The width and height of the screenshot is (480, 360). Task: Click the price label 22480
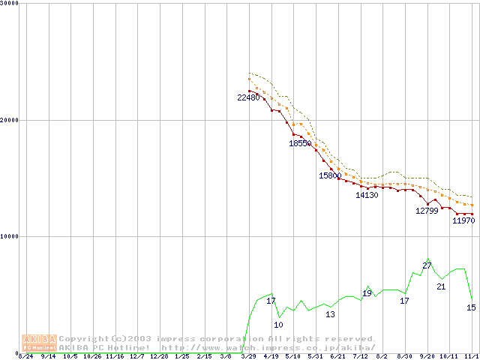pyautogui.click(x=247, y=97)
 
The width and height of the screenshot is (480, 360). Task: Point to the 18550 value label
pyautogui.click(x=300, y=143)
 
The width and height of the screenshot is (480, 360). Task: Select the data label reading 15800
pyautogui.click(x=330, y=175)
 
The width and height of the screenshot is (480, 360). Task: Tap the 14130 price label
pyautogui.click(x=367, y=195)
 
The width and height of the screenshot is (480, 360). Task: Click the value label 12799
pyautogui.click(x=427, y=211)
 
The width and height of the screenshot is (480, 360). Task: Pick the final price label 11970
pyautogui.click(x=464, y=221)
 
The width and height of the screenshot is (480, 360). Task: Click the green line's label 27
pyautogui.click(x=427, y=265)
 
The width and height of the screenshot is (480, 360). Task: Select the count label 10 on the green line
pyautogui.click(x=278, y=325)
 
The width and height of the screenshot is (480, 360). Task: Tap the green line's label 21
pyautogui.click(x=441, y=286)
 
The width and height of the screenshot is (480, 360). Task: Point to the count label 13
pyautogui.click(x=330, y=314)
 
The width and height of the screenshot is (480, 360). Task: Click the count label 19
pyautogui.click(x=367, y=293)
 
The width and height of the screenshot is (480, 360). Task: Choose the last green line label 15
pyautogui.click(x=471, y=307)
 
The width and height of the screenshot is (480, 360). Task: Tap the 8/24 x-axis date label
pyautogui.click(x=25, y=356)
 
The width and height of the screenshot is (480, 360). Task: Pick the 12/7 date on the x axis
pyautogui.click(x=136, y=356)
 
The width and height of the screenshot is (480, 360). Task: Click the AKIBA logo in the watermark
pyautogui.click(x=39, y=343)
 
